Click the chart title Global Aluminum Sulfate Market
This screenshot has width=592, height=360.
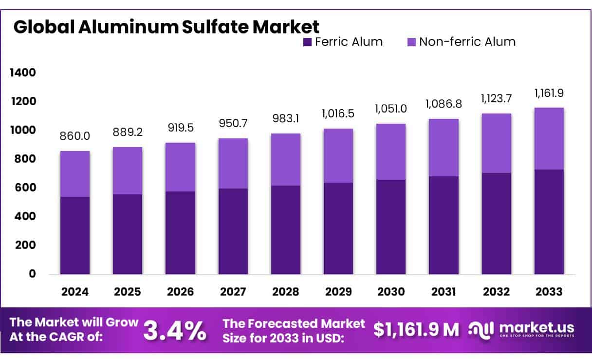[x=166, y=27]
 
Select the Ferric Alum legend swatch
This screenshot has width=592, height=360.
[x=307, y=42]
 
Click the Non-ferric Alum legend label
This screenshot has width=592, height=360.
[x=467, y=42]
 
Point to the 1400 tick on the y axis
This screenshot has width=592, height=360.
[x=23, y=73]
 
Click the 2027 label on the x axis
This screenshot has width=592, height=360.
[x=233, y=292]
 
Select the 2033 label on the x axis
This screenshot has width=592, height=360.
[x=549, y=292]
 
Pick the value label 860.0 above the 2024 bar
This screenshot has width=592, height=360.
[x=75, y=136]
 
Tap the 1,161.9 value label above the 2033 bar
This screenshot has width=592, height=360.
[x=549, y=94]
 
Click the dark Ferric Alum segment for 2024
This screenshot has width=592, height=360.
[x=75, y=235]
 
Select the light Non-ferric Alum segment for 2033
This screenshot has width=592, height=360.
[x=549, y=138]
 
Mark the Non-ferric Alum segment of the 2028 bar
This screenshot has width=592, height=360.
[x=286, y=159]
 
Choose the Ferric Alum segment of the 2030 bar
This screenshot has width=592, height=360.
[x=391, y=227]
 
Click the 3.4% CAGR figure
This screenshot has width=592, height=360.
[x=175, y=330]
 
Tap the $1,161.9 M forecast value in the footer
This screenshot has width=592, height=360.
[x=416, y=330]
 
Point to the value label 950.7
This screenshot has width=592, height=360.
[x=233, y=123]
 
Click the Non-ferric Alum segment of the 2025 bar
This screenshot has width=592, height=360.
[x=128, y=171]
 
